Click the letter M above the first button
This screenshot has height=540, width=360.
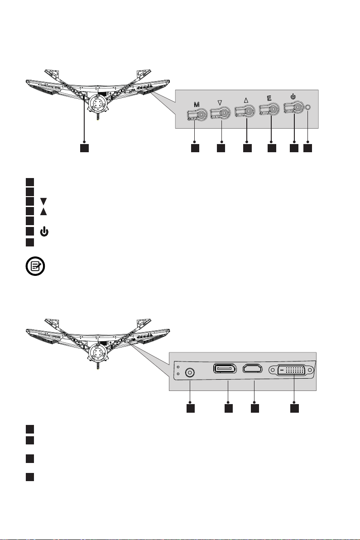click(196, 104)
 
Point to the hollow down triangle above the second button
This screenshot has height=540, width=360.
click(220, 103)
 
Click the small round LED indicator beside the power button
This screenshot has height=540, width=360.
click(308, 108)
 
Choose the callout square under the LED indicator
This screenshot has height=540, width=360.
click(308, 148)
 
